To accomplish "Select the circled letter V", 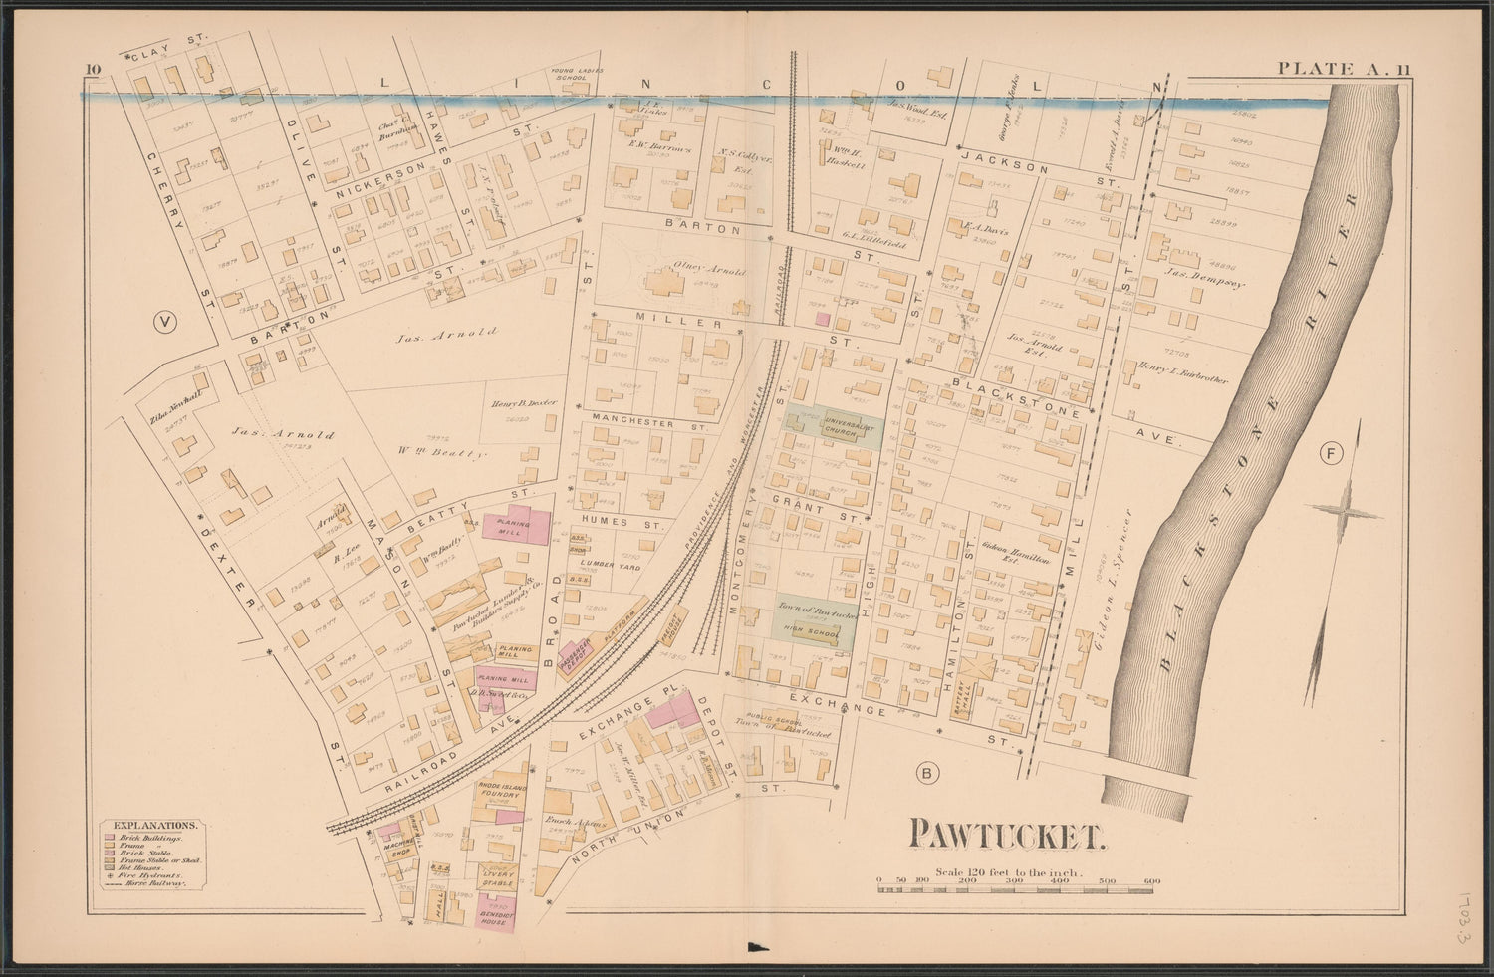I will (165, 321).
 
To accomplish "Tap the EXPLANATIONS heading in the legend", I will (154, 825).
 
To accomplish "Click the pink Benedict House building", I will (494, 916).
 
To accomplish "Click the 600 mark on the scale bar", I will (1152, 880).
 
